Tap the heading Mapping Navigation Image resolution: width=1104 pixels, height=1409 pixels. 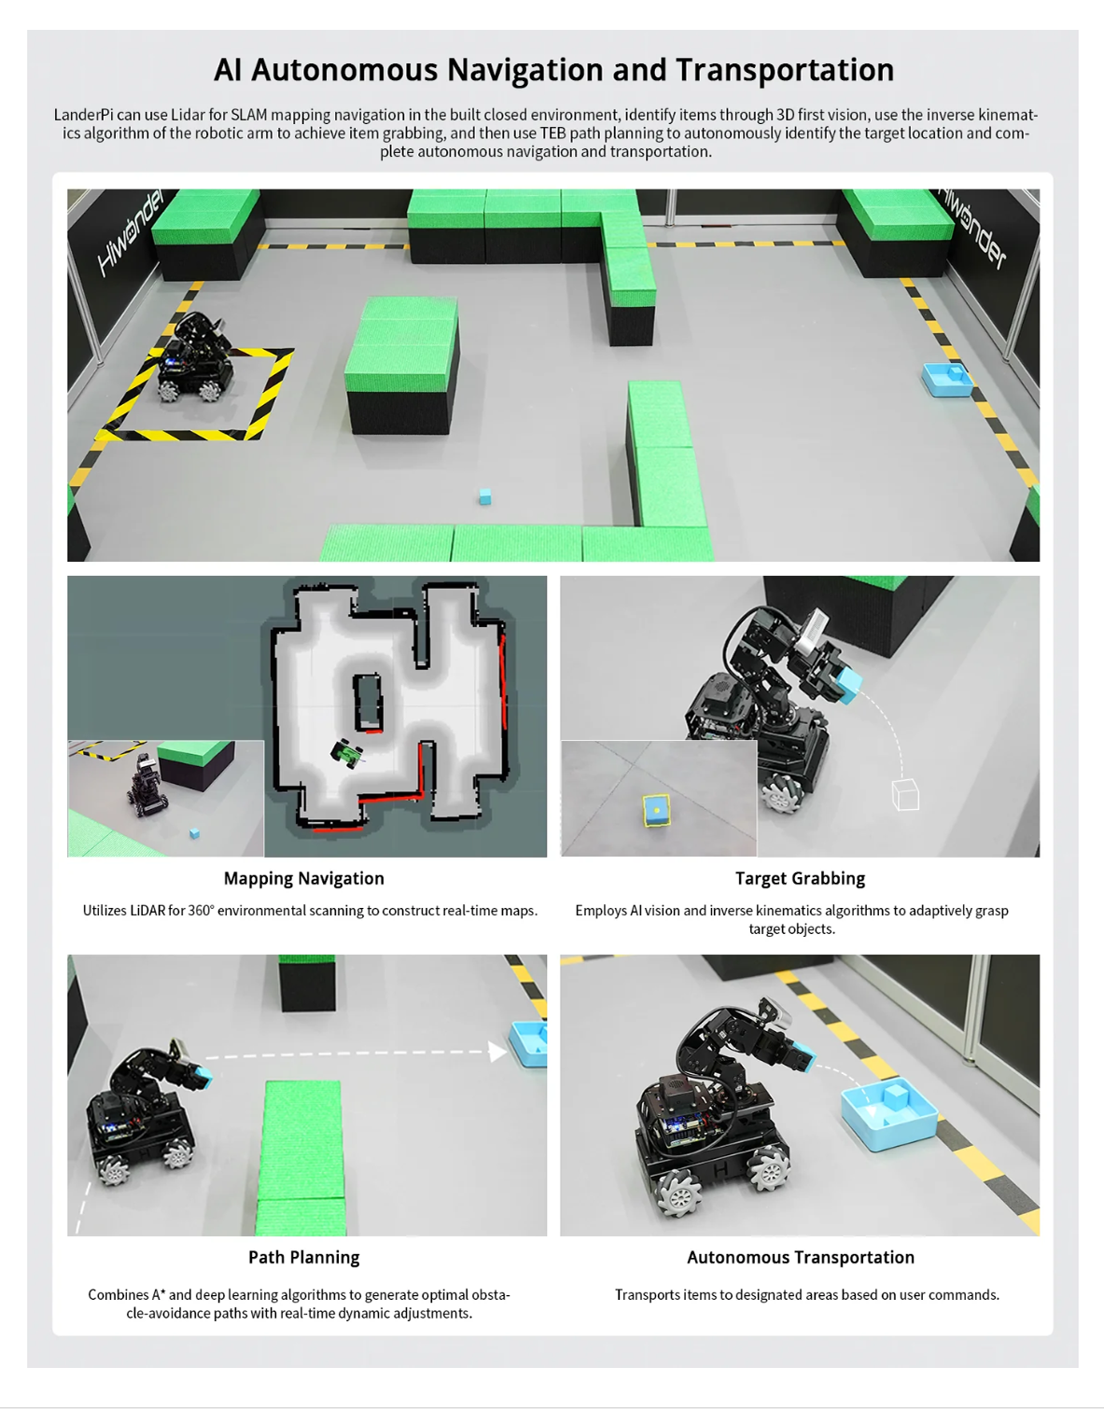pyautogui.click(x=303, y=878)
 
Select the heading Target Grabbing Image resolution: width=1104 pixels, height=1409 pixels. pyautogui.click(x=800, y=878)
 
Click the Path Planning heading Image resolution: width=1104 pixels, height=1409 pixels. pyautogui.click(x=303, y=1257)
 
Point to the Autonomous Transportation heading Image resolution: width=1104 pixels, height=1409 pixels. pyautogui.click(x=800, y=1257)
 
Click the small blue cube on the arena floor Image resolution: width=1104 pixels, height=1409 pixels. pyautogui.click(x=485, y=496)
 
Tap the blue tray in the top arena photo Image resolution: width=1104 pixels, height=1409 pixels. pyautogui.click(x=947, y=380)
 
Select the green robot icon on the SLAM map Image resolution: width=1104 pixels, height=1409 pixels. pyautogui.click(x=347, y=753)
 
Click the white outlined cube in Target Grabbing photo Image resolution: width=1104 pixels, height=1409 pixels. pyautogui.click(x=905, y=794)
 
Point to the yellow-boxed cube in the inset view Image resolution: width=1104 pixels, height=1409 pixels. pyautogui.click(x=657, y=811)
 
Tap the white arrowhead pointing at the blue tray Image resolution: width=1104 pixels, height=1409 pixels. pyautogui.click(x=497, y=1051)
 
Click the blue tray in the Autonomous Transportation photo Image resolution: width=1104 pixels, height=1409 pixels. pyautogui.click(x=889, y=1115)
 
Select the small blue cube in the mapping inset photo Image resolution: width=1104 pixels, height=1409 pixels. pyautogui.click(x=194, y=833)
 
